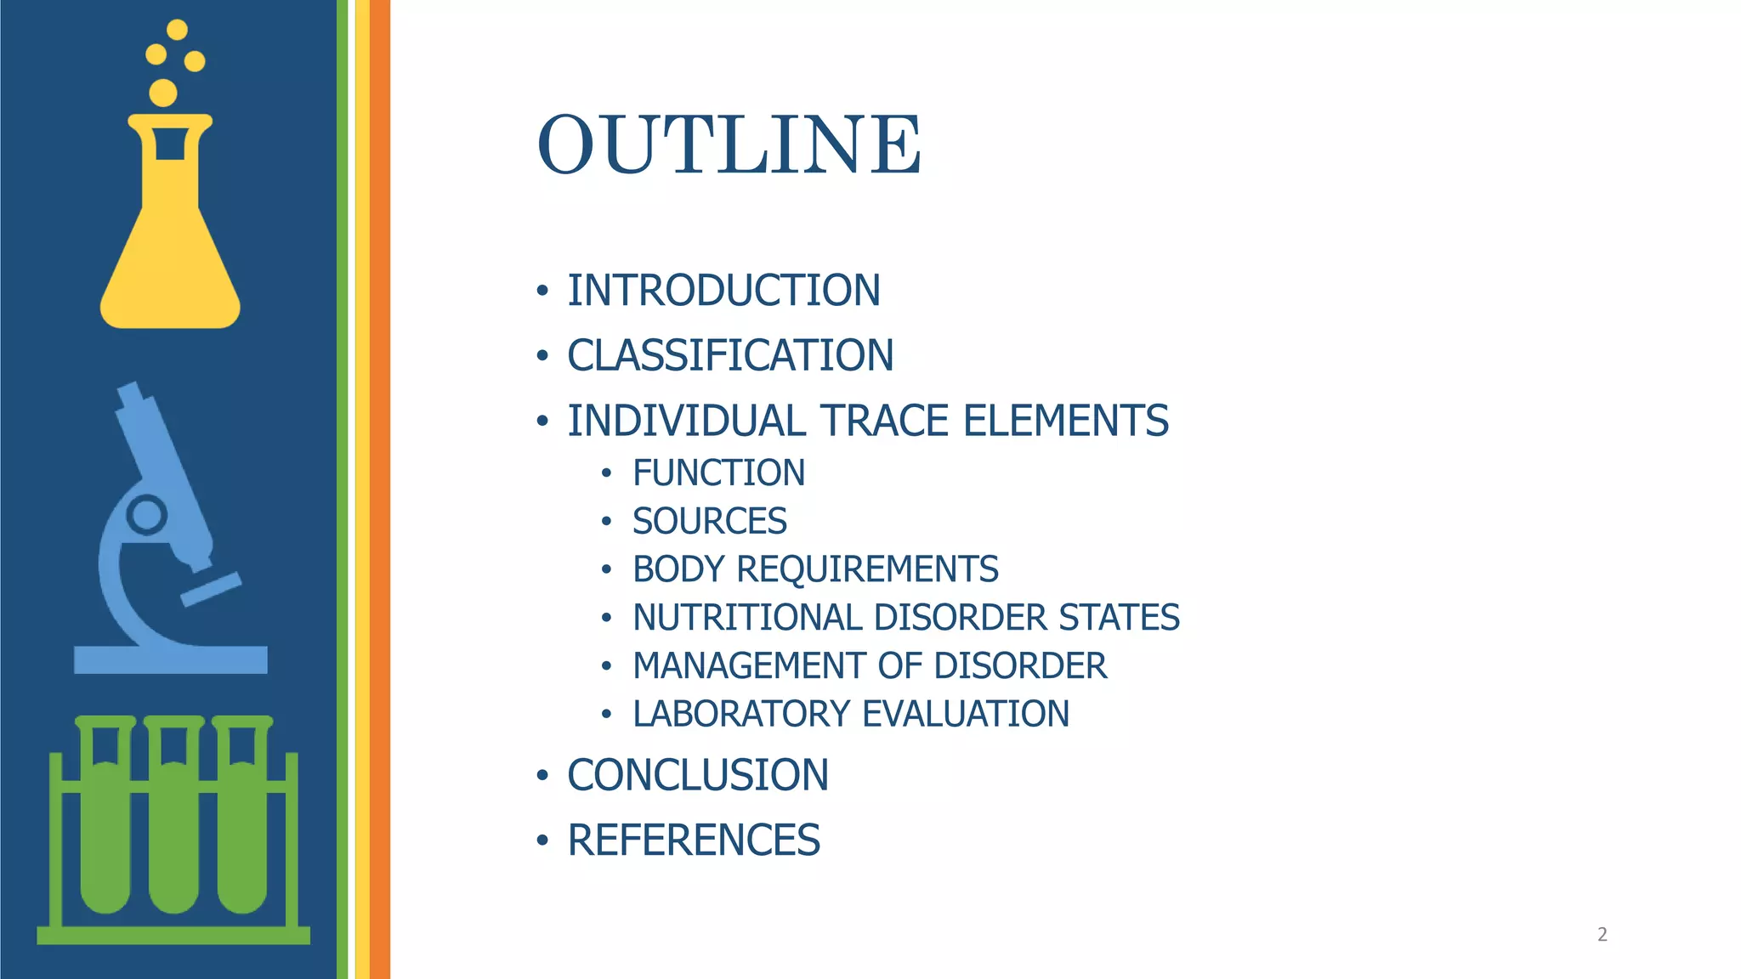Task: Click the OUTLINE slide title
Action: pos(729,144)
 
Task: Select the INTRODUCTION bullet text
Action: pos(723,291)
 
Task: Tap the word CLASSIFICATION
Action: pos(730,355)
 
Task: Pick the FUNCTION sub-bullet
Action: pos(718,473)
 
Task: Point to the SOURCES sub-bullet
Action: pos(709,521)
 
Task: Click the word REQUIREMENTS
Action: pos(867,569)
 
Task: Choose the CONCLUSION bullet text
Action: pos(697,775)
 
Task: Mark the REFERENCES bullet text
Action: pos(693,840)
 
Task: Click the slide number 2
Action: pos(1602,935)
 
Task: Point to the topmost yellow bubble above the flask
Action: pos(177,30)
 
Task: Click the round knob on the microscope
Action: pos(146,515)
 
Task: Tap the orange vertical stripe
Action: pos(380,489)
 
